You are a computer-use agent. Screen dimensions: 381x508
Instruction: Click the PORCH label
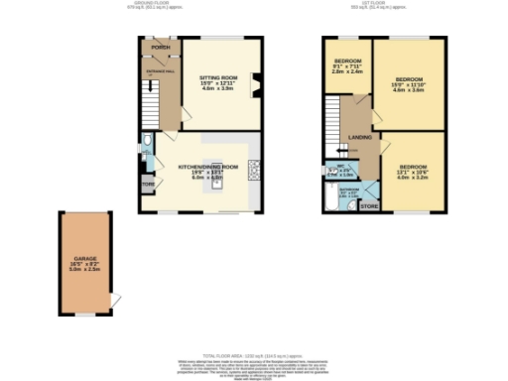tap(160, 47)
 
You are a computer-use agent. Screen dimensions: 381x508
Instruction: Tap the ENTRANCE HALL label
tap(160, 73)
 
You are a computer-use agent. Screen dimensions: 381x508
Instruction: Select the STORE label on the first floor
tap(368, 206)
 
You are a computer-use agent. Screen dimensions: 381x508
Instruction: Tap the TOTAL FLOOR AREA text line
tap(254, 354)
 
